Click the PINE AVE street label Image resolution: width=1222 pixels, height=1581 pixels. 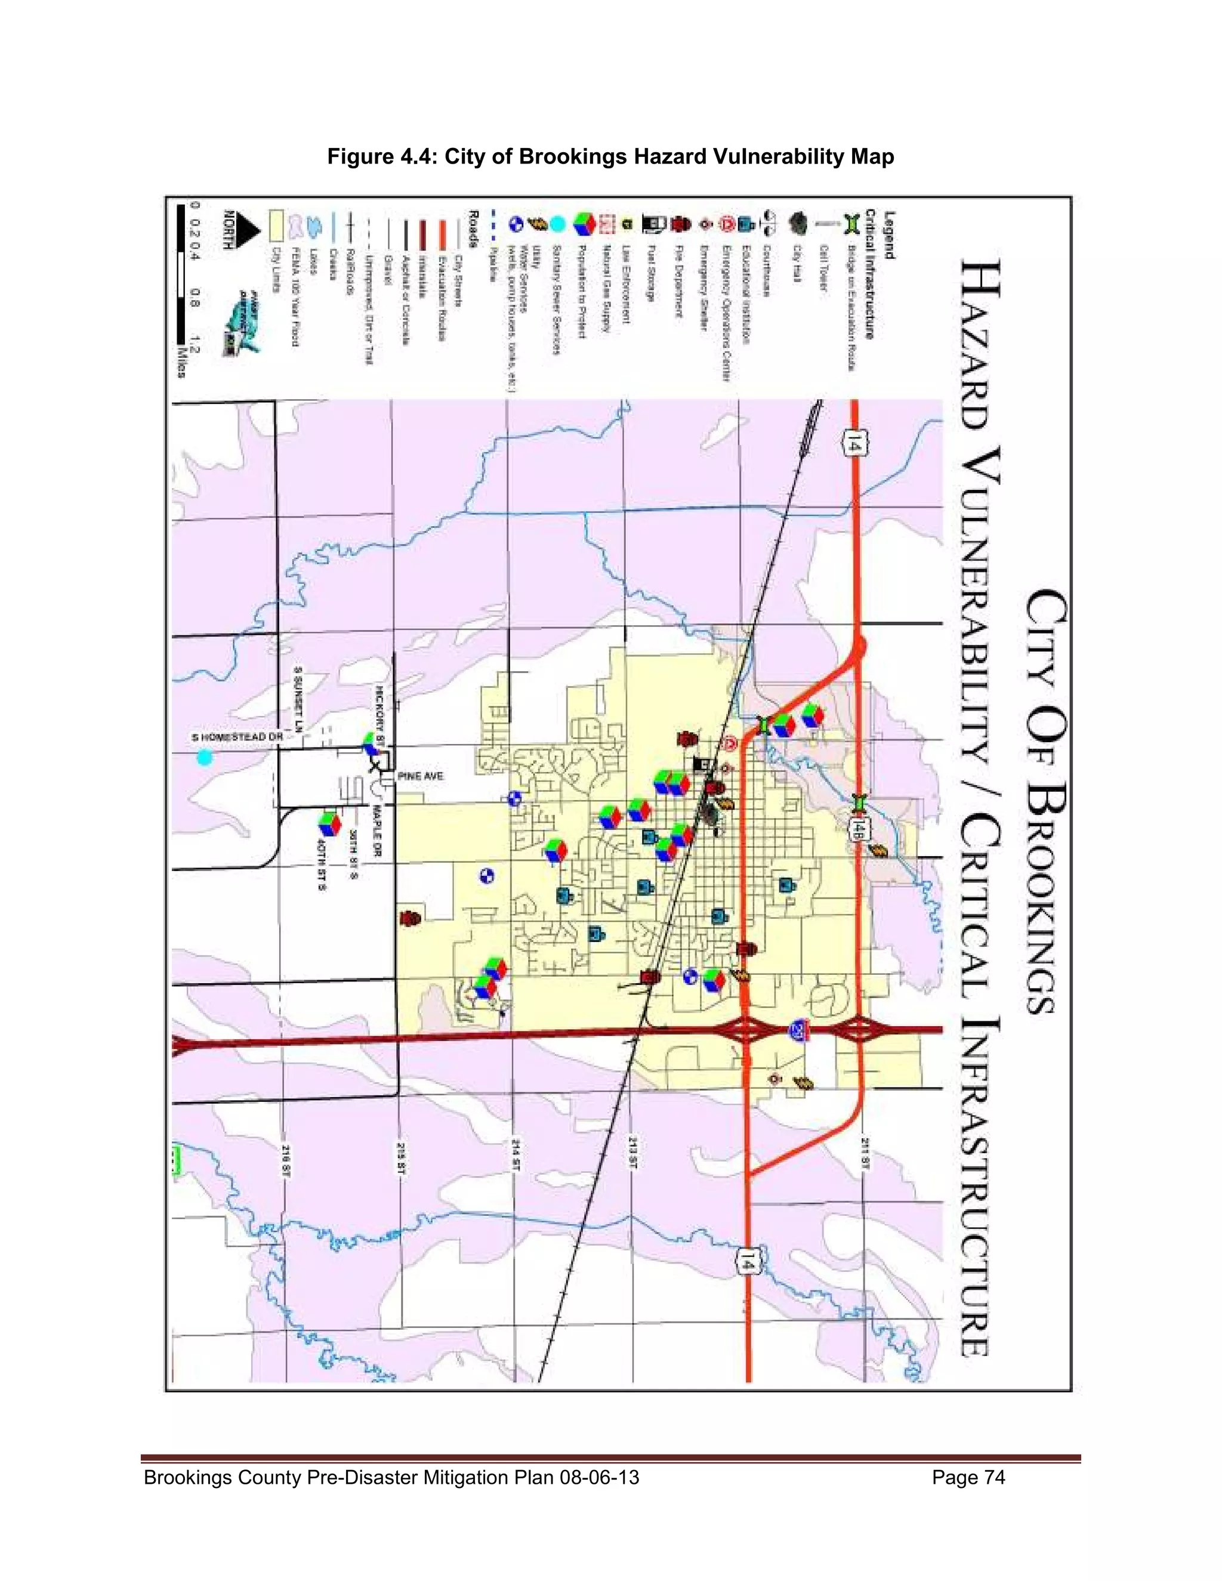(421, 776)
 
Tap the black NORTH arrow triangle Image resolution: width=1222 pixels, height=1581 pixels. (248, 232)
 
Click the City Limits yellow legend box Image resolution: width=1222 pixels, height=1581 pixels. (275, 224)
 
